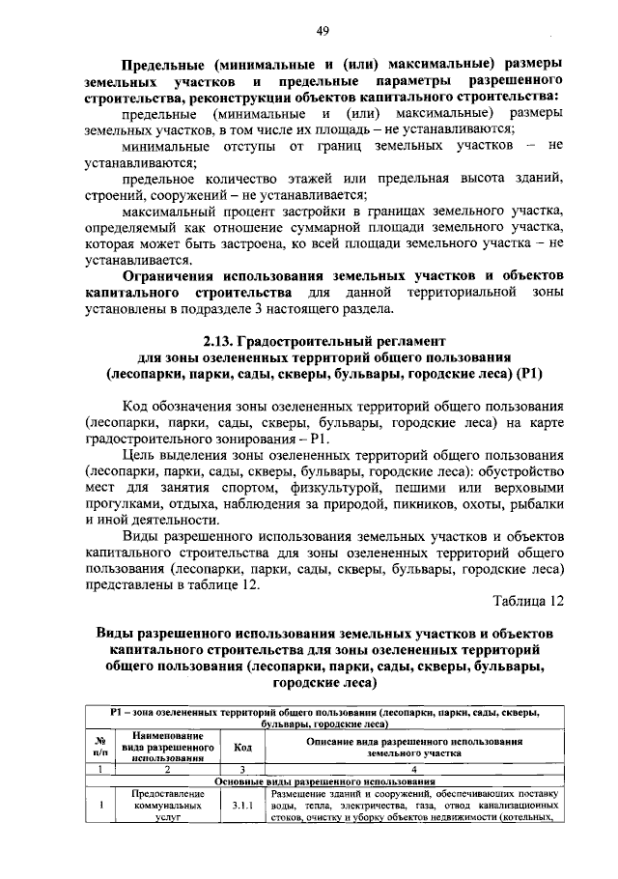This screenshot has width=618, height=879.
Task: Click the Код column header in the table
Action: [242, 747]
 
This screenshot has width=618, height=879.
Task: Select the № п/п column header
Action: [99, 747]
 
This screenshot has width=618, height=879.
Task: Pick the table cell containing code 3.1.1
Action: [242, 804]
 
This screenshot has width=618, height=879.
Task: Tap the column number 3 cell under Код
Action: [242, 769]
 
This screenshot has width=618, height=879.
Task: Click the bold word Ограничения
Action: [175, 275]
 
